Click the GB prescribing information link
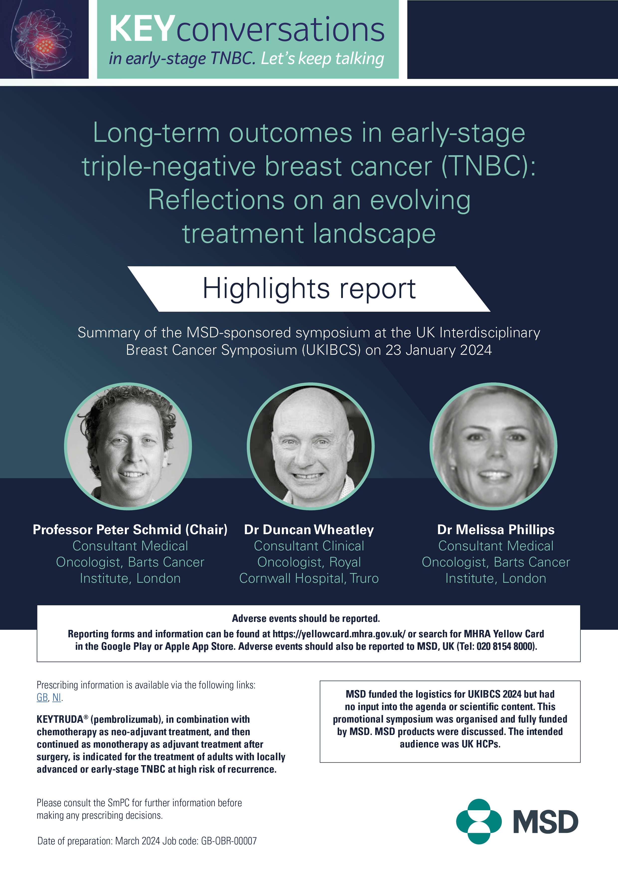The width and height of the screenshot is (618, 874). [42, 697]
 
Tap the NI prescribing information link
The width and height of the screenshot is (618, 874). [56, 697]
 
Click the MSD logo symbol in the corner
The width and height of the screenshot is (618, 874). [479, 821]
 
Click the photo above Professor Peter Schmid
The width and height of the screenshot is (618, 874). [128, 446]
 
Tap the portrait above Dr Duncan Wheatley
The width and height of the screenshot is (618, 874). [310, 446]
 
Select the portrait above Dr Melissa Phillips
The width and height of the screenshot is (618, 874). [493, 446]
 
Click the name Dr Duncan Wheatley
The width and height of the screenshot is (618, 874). [309, 529]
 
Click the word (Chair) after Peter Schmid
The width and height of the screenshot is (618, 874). [206, 529]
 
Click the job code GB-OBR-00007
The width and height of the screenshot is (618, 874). [229, 841]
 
